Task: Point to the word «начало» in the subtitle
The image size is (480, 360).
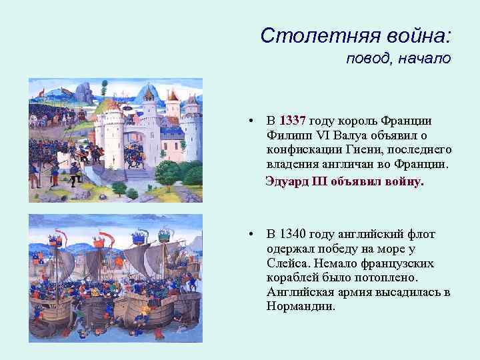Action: click(425, 59)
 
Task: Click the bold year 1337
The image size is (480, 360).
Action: click(292, 121)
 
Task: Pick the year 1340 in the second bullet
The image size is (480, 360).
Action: click(292, 234)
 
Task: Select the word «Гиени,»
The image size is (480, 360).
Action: click(361, 151)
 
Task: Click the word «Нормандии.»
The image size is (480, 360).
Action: click(301, 307)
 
